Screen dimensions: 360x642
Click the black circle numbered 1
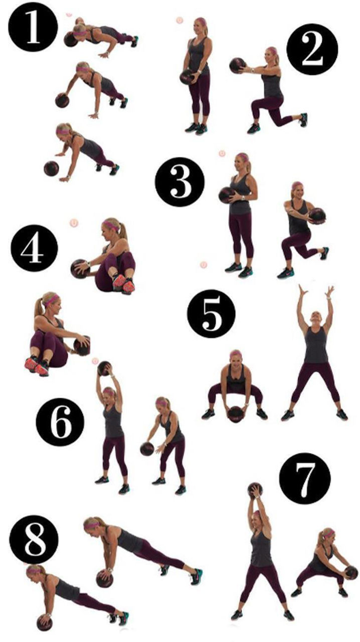(x=33, y=27)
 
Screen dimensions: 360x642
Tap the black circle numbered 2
(x=312, y=49)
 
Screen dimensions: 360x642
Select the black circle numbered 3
(x=180, y=182)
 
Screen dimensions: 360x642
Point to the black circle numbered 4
(x=35, y=248)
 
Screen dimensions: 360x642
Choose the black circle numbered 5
(x=212, y=314)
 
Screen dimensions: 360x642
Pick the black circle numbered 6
(x=60, y=422)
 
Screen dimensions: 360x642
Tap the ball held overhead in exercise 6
(x=104, y=368)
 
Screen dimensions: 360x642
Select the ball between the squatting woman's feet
(x=236, y=414)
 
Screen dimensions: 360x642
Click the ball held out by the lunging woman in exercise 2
(x=238, y=65)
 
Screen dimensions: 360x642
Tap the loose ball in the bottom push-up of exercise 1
(x=51, y=169)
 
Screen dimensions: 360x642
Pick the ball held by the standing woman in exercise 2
(x=188, y=77)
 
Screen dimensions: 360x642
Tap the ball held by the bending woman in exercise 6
(x=147, y=449)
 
